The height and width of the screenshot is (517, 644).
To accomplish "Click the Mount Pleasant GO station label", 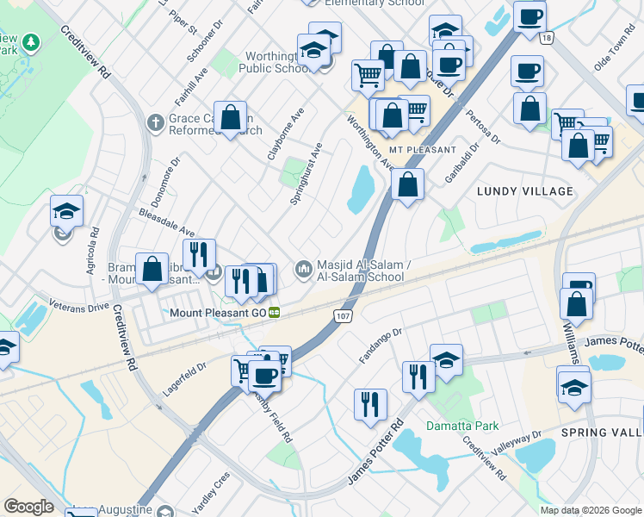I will click(x=219, y=312).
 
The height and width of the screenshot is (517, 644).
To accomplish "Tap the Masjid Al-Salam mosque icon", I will click(x=303, y=270).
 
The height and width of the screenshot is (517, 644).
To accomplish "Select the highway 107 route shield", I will click(x=342, y=317).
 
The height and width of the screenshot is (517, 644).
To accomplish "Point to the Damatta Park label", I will click(x=462, y=426).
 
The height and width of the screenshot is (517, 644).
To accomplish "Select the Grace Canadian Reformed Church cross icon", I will click(x=155, y=121).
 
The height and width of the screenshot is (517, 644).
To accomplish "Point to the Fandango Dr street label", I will click(x=380, y=340).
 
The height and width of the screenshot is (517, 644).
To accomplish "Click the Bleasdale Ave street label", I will click(x=167, y=221).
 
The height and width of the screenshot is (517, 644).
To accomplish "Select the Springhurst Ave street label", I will click(x=307, y=173).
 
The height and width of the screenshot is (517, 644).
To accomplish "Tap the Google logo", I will click(x=28, y=507).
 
